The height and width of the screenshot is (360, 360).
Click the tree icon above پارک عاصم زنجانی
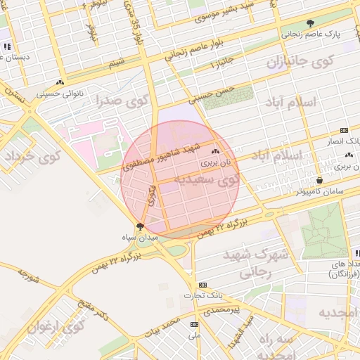311,23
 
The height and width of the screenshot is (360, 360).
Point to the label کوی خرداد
32,157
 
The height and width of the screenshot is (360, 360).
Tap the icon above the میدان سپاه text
139,226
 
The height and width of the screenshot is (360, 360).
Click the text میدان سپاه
140,238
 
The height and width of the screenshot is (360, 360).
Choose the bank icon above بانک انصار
344,130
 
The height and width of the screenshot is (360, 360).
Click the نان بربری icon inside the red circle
215,152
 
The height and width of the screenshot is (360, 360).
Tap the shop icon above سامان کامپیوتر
319,180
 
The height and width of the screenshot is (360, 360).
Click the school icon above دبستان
7,46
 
